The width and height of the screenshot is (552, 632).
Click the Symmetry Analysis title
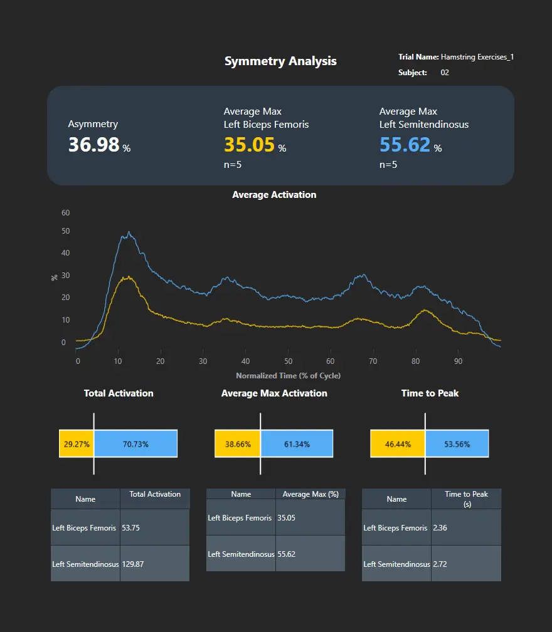coord(280,61)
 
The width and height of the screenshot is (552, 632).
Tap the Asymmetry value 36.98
coord(94,145)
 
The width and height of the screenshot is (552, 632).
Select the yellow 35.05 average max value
coord(250,145)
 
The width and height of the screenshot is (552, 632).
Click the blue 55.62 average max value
coord(405,145)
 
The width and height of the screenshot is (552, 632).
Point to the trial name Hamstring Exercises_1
coord(477,57)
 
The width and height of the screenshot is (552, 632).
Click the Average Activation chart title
coord(274,195)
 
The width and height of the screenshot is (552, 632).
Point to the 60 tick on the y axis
coord(66,213)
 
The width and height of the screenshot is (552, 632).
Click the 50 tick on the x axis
coord(288,361)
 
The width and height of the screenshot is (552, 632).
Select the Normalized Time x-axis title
coord(288,376)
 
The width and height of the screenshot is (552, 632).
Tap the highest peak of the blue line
coord(129,232)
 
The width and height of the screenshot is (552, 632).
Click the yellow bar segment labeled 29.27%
coord(77,444)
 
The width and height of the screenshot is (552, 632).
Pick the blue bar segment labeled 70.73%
coord(135,444)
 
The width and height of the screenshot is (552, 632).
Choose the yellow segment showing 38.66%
coord(238,444)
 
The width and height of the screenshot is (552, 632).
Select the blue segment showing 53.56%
coord(457,444)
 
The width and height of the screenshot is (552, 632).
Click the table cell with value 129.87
coord(154,564)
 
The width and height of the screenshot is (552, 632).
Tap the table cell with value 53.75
coord(154,527)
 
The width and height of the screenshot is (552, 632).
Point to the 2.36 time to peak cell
coord(466,527)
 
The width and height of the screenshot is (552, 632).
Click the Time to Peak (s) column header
coord(466,499)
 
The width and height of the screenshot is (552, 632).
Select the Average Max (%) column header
coord(310,494)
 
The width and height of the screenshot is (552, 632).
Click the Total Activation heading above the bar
coord(119,393)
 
